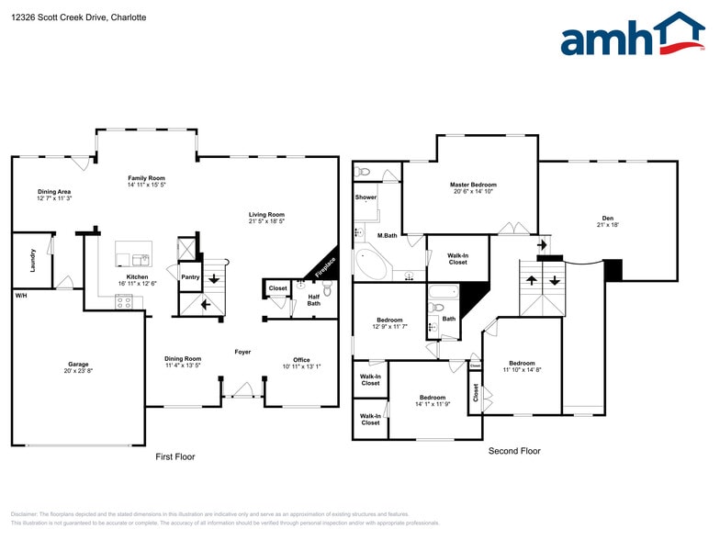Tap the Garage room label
point(78,364)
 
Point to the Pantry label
point(190,276)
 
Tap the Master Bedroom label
point(474,186)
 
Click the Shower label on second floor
point(366,197)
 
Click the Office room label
point(301,360)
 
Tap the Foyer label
point(242,352)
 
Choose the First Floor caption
point(174,456)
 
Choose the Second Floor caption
point(514,451)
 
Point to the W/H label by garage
point(20,296)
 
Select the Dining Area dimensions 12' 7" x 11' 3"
point(54,198)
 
